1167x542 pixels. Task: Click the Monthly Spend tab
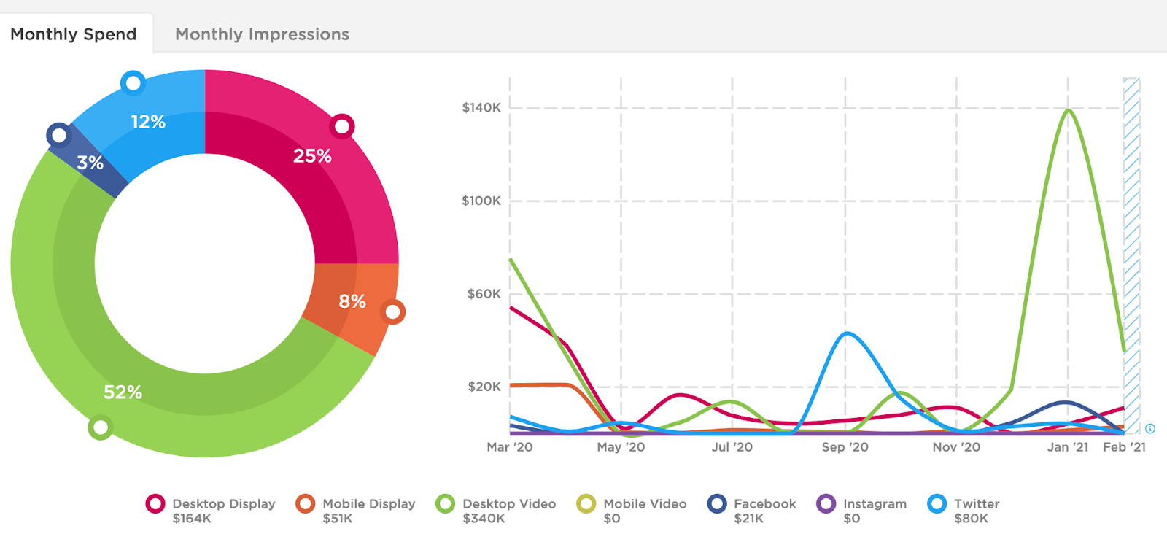click(74, 34)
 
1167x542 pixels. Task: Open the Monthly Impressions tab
click(262, 34)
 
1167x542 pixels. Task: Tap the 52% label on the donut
click(123, 392)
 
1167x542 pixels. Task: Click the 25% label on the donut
click(312, 156)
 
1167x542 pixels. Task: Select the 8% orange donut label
click(352, 301)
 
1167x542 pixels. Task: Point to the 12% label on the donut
click(148, 122)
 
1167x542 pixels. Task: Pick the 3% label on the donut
click(90, 163)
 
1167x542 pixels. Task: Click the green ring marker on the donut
click(100, 427)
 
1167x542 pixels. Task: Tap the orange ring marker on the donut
click(393, 312)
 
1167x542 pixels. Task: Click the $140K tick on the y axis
click(481, 108)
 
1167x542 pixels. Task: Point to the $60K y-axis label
click(484, 294)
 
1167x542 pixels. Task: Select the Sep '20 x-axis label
click(845, 447)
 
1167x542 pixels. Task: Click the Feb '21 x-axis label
click(1124, 447)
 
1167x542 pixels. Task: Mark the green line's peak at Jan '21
click(1068, 110)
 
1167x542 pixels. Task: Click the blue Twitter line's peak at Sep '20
click(846, 333)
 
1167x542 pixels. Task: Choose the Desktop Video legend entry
click(508, 504)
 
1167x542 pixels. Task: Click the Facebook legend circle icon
click(718, 504)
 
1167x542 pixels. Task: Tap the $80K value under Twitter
click(971, 519)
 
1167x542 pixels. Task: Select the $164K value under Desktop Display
click(192, 519)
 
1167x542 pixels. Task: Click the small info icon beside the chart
click(1150, 429)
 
